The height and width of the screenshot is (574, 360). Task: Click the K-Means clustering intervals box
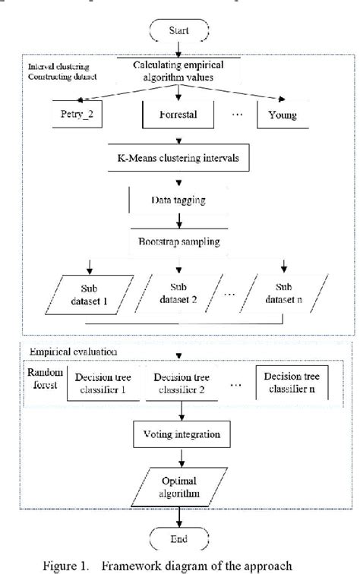tap(179, 159)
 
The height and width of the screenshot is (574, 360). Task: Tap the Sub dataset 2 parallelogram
tap(178, 294)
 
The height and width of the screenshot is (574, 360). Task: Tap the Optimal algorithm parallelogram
tap(179, 487)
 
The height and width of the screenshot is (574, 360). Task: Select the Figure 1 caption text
tap(178, 565)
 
